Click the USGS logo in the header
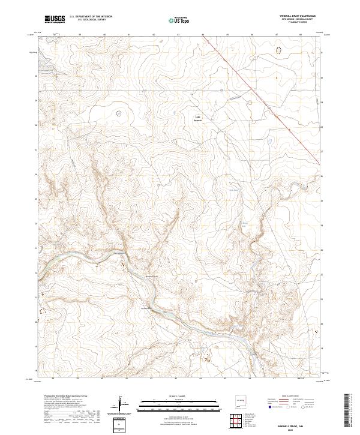coord(55,19)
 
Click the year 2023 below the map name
coord(291,430)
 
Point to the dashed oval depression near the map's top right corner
coord(277,52)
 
